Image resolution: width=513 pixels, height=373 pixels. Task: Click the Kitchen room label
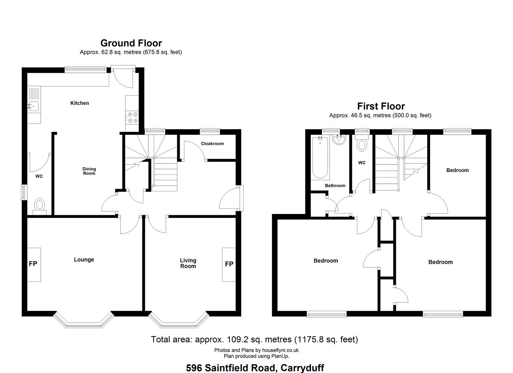click(x=79, y=103)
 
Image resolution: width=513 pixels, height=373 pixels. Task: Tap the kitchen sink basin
click(x=34, y=106)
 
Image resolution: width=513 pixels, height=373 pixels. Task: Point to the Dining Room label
click(x=89, y=171)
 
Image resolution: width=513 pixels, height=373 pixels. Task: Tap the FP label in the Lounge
click(x=33, y=264)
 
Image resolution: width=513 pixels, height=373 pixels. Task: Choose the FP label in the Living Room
click(x=229, y=264)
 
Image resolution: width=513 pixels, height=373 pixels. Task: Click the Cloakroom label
click(x=212, y=144)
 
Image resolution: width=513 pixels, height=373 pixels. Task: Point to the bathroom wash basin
click(x=339, y=140)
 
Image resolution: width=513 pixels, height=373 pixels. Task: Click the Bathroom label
click(x=335, y=185)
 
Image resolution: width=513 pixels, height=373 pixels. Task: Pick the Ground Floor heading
click(x=131, y=43)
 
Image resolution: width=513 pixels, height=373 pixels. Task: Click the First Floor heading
click(x=381, y=106)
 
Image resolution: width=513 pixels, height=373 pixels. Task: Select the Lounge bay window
click(x=84, y=320)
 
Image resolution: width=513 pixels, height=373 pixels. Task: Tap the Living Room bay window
click(x=179, y=320)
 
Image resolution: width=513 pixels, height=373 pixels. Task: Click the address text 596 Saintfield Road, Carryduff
click(x=255, y=368)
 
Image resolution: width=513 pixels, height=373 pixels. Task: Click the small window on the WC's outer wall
click(x=24, y=192)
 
